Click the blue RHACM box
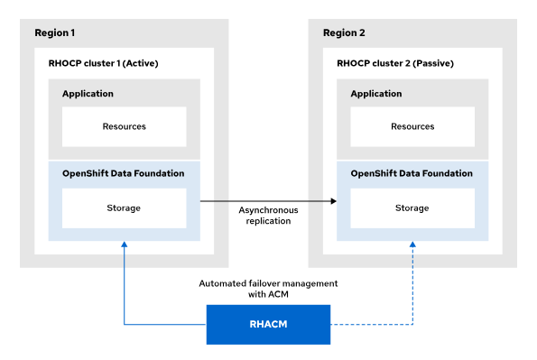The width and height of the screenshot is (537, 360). click(x=268, y=325)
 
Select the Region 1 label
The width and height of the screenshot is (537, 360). click(x=55, y=32)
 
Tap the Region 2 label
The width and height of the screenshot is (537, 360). click(x=344, y=32)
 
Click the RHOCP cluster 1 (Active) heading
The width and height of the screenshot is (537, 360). click(x=103, y=63)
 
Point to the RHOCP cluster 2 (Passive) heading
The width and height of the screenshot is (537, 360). click(x=395, y=63)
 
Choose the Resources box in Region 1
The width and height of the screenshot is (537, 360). click(x=125, y=126)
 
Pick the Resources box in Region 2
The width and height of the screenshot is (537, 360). click(x=412, y=126)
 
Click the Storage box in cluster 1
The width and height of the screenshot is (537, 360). click(x=125, y=208)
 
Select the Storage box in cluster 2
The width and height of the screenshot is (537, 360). click(x=412, y=208)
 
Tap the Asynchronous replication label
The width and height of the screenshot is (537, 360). click(x=268, y=216)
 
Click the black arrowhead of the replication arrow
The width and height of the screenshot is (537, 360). click(x=334, y=201)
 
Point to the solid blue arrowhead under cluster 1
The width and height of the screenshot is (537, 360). click(x=125, y=245)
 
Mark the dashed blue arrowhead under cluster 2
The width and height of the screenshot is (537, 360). click(x=412, y=245)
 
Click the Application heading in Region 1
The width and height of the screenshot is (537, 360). click(x=88, y=94)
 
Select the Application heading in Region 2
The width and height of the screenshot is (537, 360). click(x=376, y=94)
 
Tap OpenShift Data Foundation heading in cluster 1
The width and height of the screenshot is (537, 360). click(x=124, y=173)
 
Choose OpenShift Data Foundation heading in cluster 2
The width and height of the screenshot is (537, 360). click(x=412, y=173)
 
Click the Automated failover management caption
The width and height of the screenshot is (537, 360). click(x=268, y=289)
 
